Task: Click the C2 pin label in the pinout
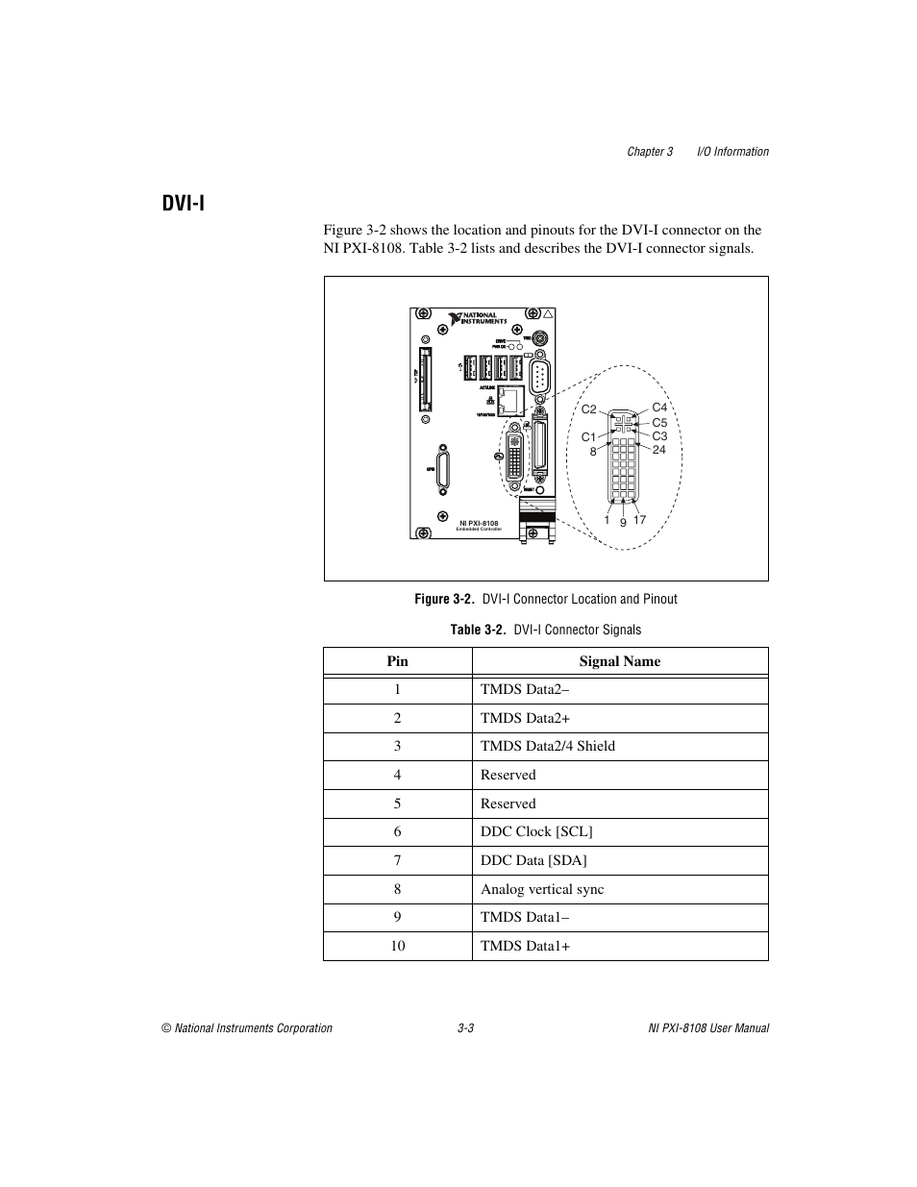coord(588,409)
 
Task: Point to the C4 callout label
coord(659,408)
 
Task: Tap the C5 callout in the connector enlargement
coord(659,422)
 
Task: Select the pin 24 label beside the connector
coord(659,449)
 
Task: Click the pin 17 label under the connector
coord(640,520)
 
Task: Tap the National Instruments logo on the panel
coord(474,318)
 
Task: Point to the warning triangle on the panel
coord(548,314)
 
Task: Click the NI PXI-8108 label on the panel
coord(479,523)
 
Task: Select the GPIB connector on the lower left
coord(443,468)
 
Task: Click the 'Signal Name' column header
coord(620,661)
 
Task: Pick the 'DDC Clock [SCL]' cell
coord(536,831)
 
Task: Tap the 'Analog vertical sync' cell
coord(542,889)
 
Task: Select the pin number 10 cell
coord(398,946)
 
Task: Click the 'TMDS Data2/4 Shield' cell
coord(548,746)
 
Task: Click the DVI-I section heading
coord(183,204)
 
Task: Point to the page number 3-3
coord(466,1028)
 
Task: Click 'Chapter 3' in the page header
coord(650,152)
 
